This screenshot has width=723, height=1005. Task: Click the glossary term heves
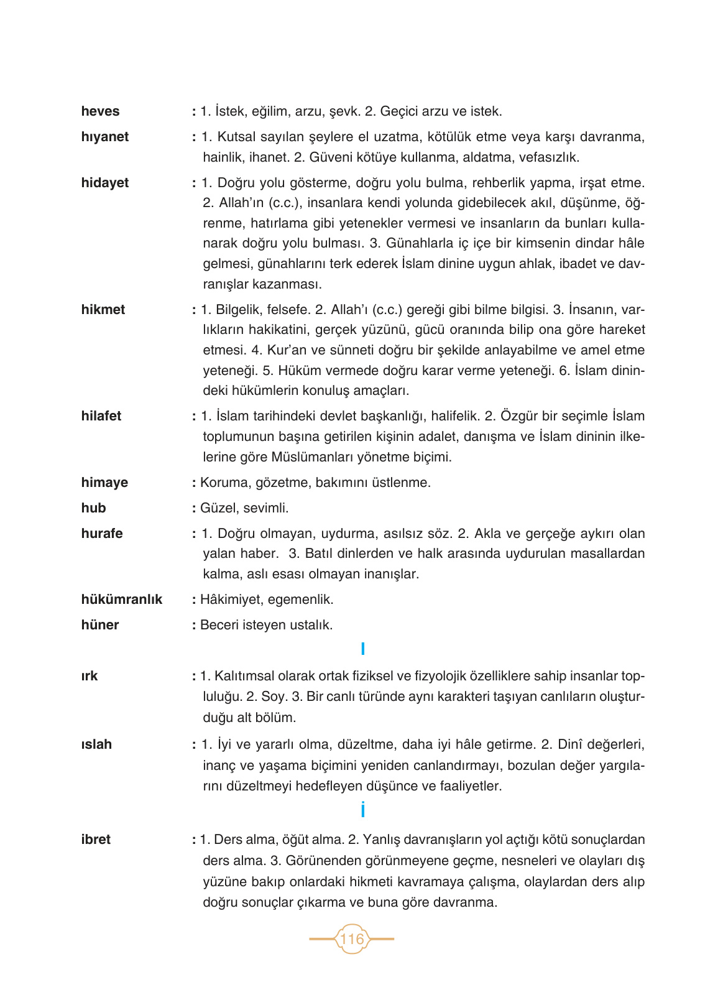[x=100, y=111]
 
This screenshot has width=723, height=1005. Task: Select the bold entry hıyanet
[x=104, y=137]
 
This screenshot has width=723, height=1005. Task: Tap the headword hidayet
[x=104, y=183]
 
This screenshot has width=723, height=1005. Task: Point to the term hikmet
[x=103, y=310]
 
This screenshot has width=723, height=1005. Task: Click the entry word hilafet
[x=101, y=416]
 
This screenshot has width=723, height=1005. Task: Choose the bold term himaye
[x=104, y=483]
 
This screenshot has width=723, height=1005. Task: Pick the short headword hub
[x=93, y=508]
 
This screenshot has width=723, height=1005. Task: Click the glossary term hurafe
[x=101, y=534]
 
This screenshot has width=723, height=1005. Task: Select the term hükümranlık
[x=121, y=600]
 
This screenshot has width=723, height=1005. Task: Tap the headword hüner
[x=99, y=625]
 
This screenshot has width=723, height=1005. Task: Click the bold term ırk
[x=89, y=676]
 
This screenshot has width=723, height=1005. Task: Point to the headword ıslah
[x=96, y=744]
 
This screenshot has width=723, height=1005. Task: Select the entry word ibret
[x=95, y=840]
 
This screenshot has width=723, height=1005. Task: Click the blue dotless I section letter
[x=362, y=650]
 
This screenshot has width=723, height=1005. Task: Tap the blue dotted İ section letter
[x=362, y=810]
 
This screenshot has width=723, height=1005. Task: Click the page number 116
[x=352, y=938]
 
